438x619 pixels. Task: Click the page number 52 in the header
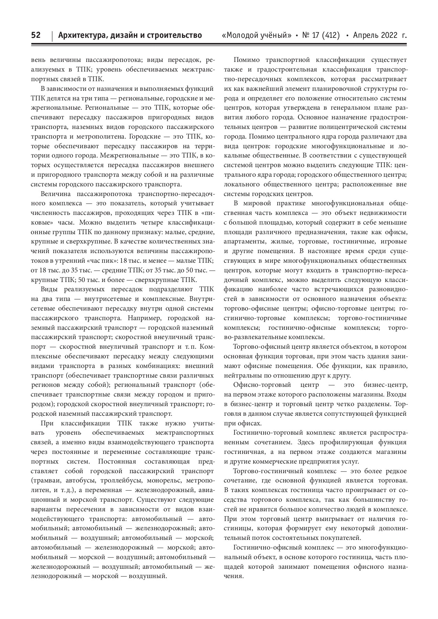[36, 35]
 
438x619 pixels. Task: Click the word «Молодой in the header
[243, 35]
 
